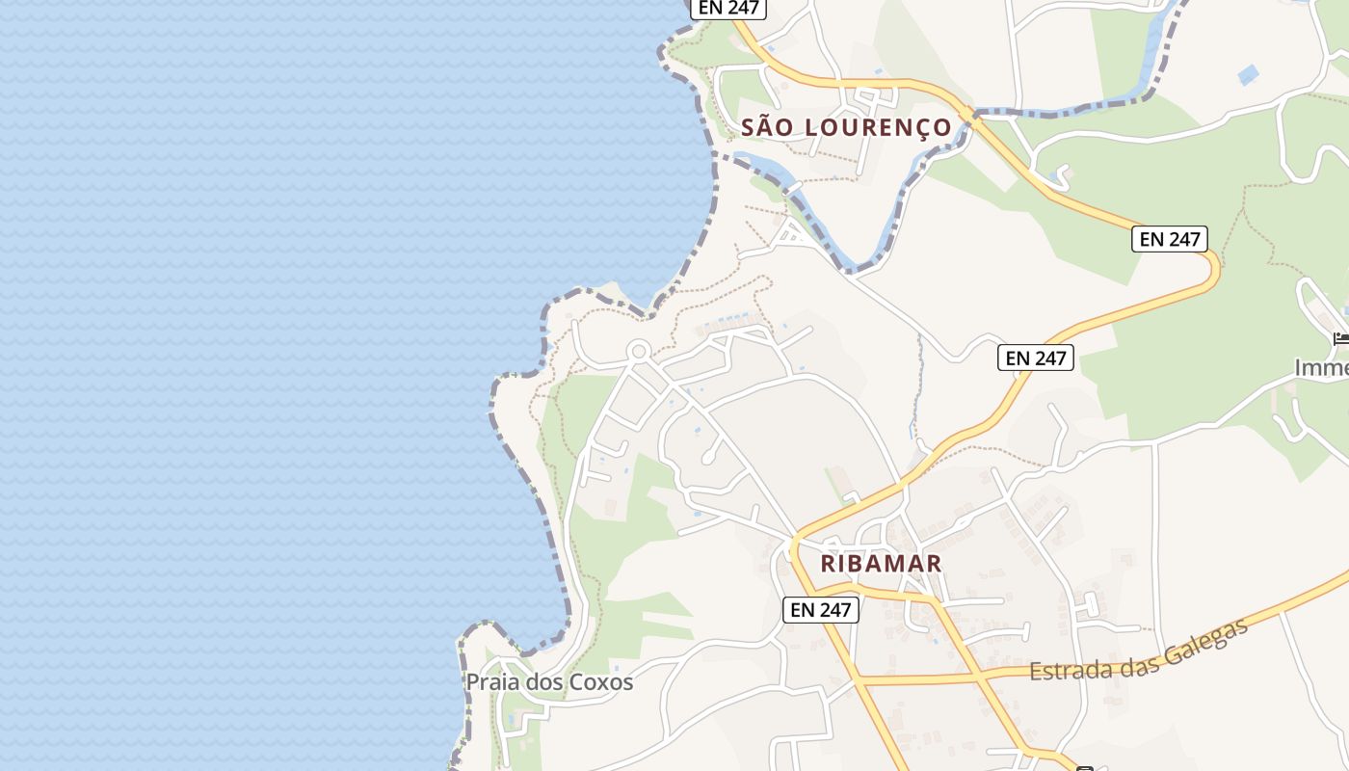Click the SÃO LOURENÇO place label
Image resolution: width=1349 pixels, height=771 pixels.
pos(846,127)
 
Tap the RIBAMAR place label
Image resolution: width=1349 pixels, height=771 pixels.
pos(881,564)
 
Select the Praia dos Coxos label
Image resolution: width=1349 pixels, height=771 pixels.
pos(549,682)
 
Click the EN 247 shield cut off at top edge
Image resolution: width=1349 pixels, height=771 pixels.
pos(727,8)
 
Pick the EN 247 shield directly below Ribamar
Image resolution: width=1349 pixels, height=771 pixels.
pos(820,609)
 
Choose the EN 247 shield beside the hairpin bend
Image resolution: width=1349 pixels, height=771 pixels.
pos(1169,239)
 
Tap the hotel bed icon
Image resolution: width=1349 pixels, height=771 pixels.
pos(1340,338)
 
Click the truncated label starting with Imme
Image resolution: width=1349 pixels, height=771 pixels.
pos(1320,367)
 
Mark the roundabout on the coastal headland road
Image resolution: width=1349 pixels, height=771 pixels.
pos(638,351)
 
